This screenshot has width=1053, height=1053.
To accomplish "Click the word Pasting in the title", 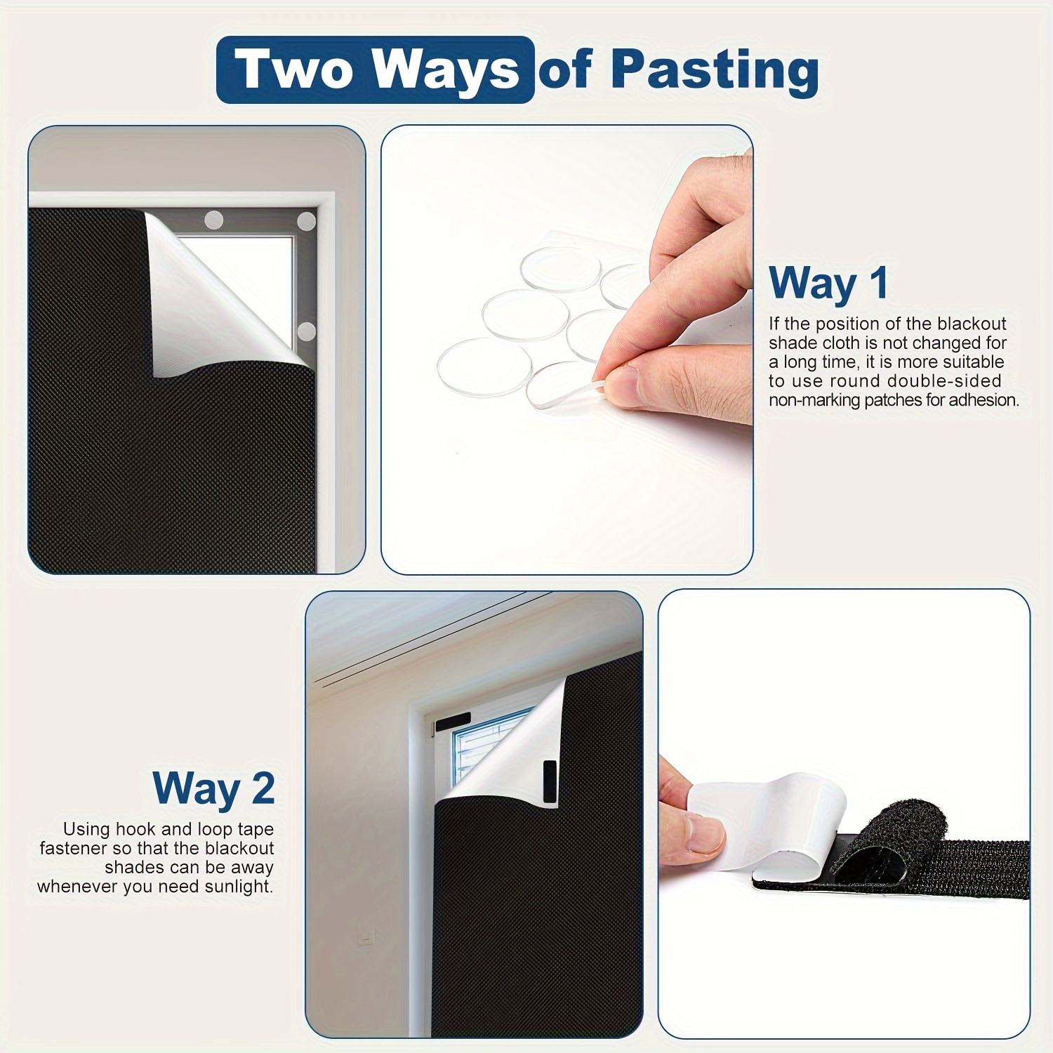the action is pyautogui.click(x=715, y=70).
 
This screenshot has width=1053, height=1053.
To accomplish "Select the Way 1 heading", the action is pyautogui.click(x=829, y=284).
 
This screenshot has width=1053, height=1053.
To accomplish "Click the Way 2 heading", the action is pyautogui.click(x=213, y=788).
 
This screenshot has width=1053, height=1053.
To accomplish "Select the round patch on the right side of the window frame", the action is pyautogui.click(x=306, y=331).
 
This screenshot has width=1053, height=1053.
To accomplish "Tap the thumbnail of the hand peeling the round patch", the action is pyautogui.click(x=567, y=350).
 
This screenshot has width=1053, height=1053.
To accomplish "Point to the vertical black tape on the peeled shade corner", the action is pyautogui.click(x=550, y=781).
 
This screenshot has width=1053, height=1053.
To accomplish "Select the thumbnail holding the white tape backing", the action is pyautogui.click(x=844, y=814).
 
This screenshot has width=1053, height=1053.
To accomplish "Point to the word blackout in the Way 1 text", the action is pyautogui.click(x=972, y=324).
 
